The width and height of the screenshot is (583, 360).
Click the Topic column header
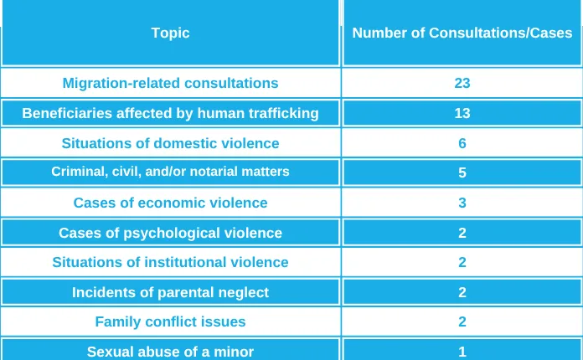point(170,33)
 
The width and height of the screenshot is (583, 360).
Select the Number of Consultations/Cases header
point(462,33)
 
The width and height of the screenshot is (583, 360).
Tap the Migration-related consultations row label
point(170,83)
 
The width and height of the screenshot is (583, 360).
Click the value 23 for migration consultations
point(462,83)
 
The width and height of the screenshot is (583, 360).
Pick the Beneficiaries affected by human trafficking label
point(170,113)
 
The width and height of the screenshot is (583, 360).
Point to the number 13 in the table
point(462,113)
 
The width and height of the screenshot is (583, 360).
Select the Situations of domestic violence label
point(170,143)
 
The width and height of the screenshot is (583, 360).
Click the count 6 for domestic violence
point(462,143)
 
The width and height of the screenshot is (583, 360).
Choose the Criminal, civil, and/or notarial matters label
point(170,172)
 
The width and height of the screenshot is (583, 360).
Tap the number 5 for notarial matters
point(462,173)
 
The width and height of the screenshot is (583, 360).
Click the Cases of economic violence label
point(170,203)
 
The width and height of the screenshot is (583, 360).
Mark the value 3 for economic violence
point(462,203)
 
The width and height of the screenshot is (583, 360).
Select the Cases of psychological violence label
point(170,233)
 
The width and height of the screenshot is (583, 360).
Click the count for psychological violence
point(462,233)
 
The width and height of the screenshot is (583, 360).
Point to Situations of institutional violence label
point(170,262)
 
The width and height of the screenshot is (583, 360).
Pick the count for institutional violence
point(462,262)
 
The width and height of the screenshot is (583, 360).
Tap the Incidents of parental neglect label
point(170,292)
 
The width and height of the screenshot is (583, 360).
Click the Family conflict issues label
point(170,321)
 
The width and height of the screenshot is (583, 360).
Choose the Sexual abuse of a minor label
point(170,352)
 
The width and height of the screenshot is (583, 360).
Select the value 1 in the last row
point(462,352)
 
